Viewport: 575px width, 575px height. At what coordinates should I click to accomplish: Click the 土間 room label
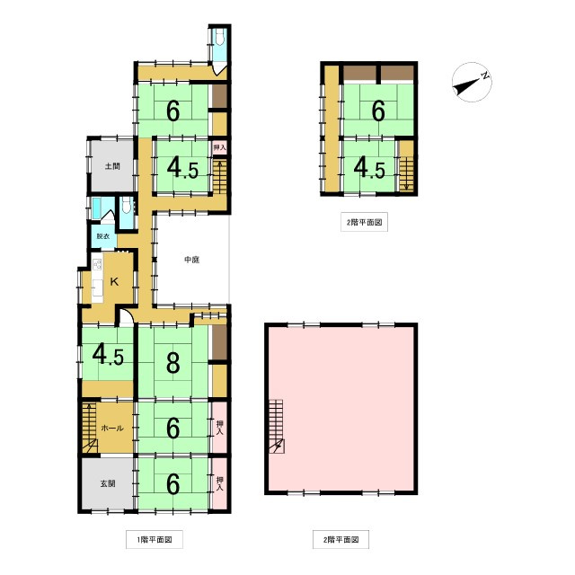pos(111,166)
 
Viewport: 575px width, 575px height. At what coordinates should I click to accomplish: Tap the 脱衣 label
pos(103,236)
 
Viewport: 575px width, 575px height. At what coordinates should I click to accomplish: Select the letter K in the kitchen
pos(113,281)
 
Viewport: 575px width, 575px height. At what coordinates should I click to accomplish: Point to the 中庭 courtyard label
pos(190,261)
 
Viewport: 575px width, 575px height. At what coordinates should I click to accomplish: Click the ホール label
pos(111,429)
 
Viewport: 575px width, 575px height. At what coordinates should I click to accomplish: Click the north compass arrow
pos(471,83)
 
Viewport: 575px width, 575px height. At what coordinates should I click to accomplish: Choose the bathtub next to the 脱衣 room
pos(98,209)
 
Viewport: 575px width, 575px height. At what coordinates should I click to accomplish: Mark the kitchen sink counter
pos(95,279)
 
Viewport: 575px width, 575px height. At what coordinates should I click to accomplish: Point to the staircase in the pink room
pos(277,426)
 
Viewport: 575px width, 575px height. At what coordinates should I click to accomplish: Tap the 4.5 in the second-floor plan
pos(369,167)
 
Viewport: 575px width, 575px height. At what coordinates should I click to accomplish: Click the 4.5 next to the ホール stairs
pos(108,354)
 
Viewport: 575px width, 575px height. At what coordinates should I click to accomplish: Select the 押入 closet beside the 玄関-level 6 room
pos(219,483)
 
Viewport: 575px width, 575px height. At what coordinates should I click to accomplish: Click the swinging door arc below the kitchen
pos(127,317)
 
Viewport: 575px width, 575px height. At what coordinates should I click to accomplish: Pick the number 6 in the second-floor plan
pos(378,111)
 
